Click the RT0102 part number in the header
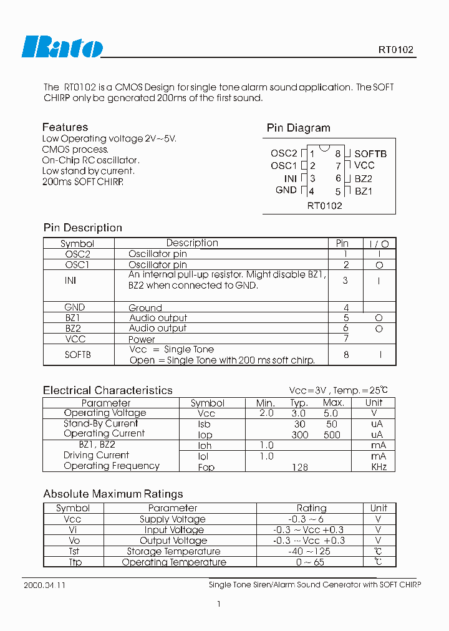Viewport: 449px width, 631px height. [x=395, y=50]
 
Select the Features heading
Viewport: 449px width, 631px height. [x=65, y=127]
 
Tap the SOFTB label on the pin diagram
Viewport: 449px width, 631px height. [x=370, y=153]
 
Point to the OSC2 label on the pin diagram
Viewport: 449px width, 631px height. [x=284, y=153]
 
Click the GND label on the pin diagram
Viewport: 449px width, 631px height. [x=286, y=190]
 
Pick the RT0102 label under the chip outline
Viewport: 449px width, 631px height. [x=324, y=206]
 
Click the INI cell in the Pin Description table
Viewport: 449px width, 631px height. [x=70, y=281]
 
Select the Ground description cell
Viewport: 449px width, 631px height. [x=145, y=308]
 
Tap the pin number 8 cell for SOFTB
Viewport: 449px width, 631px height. [x=345, y=355]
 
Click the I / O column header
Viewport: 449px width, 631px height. [x=379, y=244]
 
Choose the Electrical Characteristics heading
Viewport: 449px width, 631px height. [x=108, y=390]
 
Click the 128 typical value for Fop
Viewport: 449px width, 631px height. [x=299, y=467]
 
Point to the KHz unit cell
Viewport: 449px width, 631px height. [x=379, y=467]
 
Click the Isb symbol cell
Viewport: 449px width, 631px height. [x=206, y=424]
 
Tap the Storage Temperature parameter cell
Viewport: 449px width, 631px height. [x=173, y=551]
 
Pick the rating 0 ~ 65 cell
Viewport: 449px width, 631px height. [x=310, y=562]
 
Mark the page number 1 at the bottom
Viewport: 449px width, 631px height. [x=219, y=604]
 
